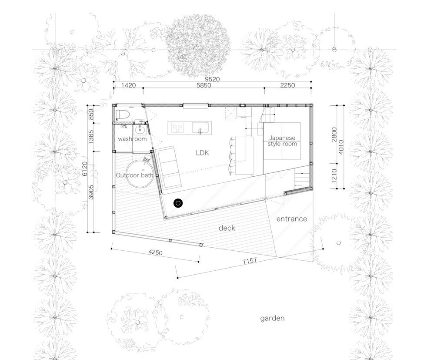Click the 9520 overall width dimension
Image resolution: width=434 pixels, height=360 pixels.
pos(212,79)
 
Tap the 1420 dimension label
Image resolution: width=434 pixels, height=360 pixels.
pos(129,85)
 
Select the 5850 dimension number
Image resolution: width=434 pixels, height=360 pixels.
pos(204,85)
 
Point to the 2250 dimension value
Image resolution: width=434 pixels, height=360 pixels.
pos(287,85)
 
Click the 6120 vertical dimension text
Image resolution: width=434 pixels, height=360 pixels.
pos(85,168)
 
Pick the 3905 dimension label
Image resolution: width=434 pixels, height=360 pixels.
pos(91,192)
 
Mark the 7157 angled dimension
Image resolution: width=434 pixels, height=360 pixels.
pos(250,261)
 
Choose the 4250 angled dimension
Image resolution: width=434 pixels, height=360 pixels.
pos(155,252)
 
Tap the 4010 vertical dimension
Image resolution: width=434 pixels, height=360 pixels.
pos(341,147)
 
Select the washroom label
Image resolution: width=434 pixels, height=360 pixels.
pos(132,139)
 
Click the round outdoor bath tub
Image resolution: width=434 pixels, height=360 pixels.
pos(140,174)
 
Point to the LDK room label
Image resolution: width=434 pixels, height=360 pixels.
pos(202,153)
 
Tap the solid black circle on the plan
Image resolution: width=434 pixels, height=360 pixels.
pos(178,203)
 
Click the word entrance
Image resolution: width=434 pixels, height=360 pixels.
pos(292,219)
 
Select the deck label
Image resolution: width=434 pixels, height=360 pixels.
pos(227,228)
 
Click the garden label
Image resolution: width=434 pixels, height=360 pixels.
pos(272,318)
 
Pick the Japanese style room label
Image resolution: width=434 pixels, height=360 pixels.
pos(282,141)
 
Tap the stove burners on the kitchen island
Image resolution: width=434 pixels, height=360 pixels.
pos(177,128)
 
